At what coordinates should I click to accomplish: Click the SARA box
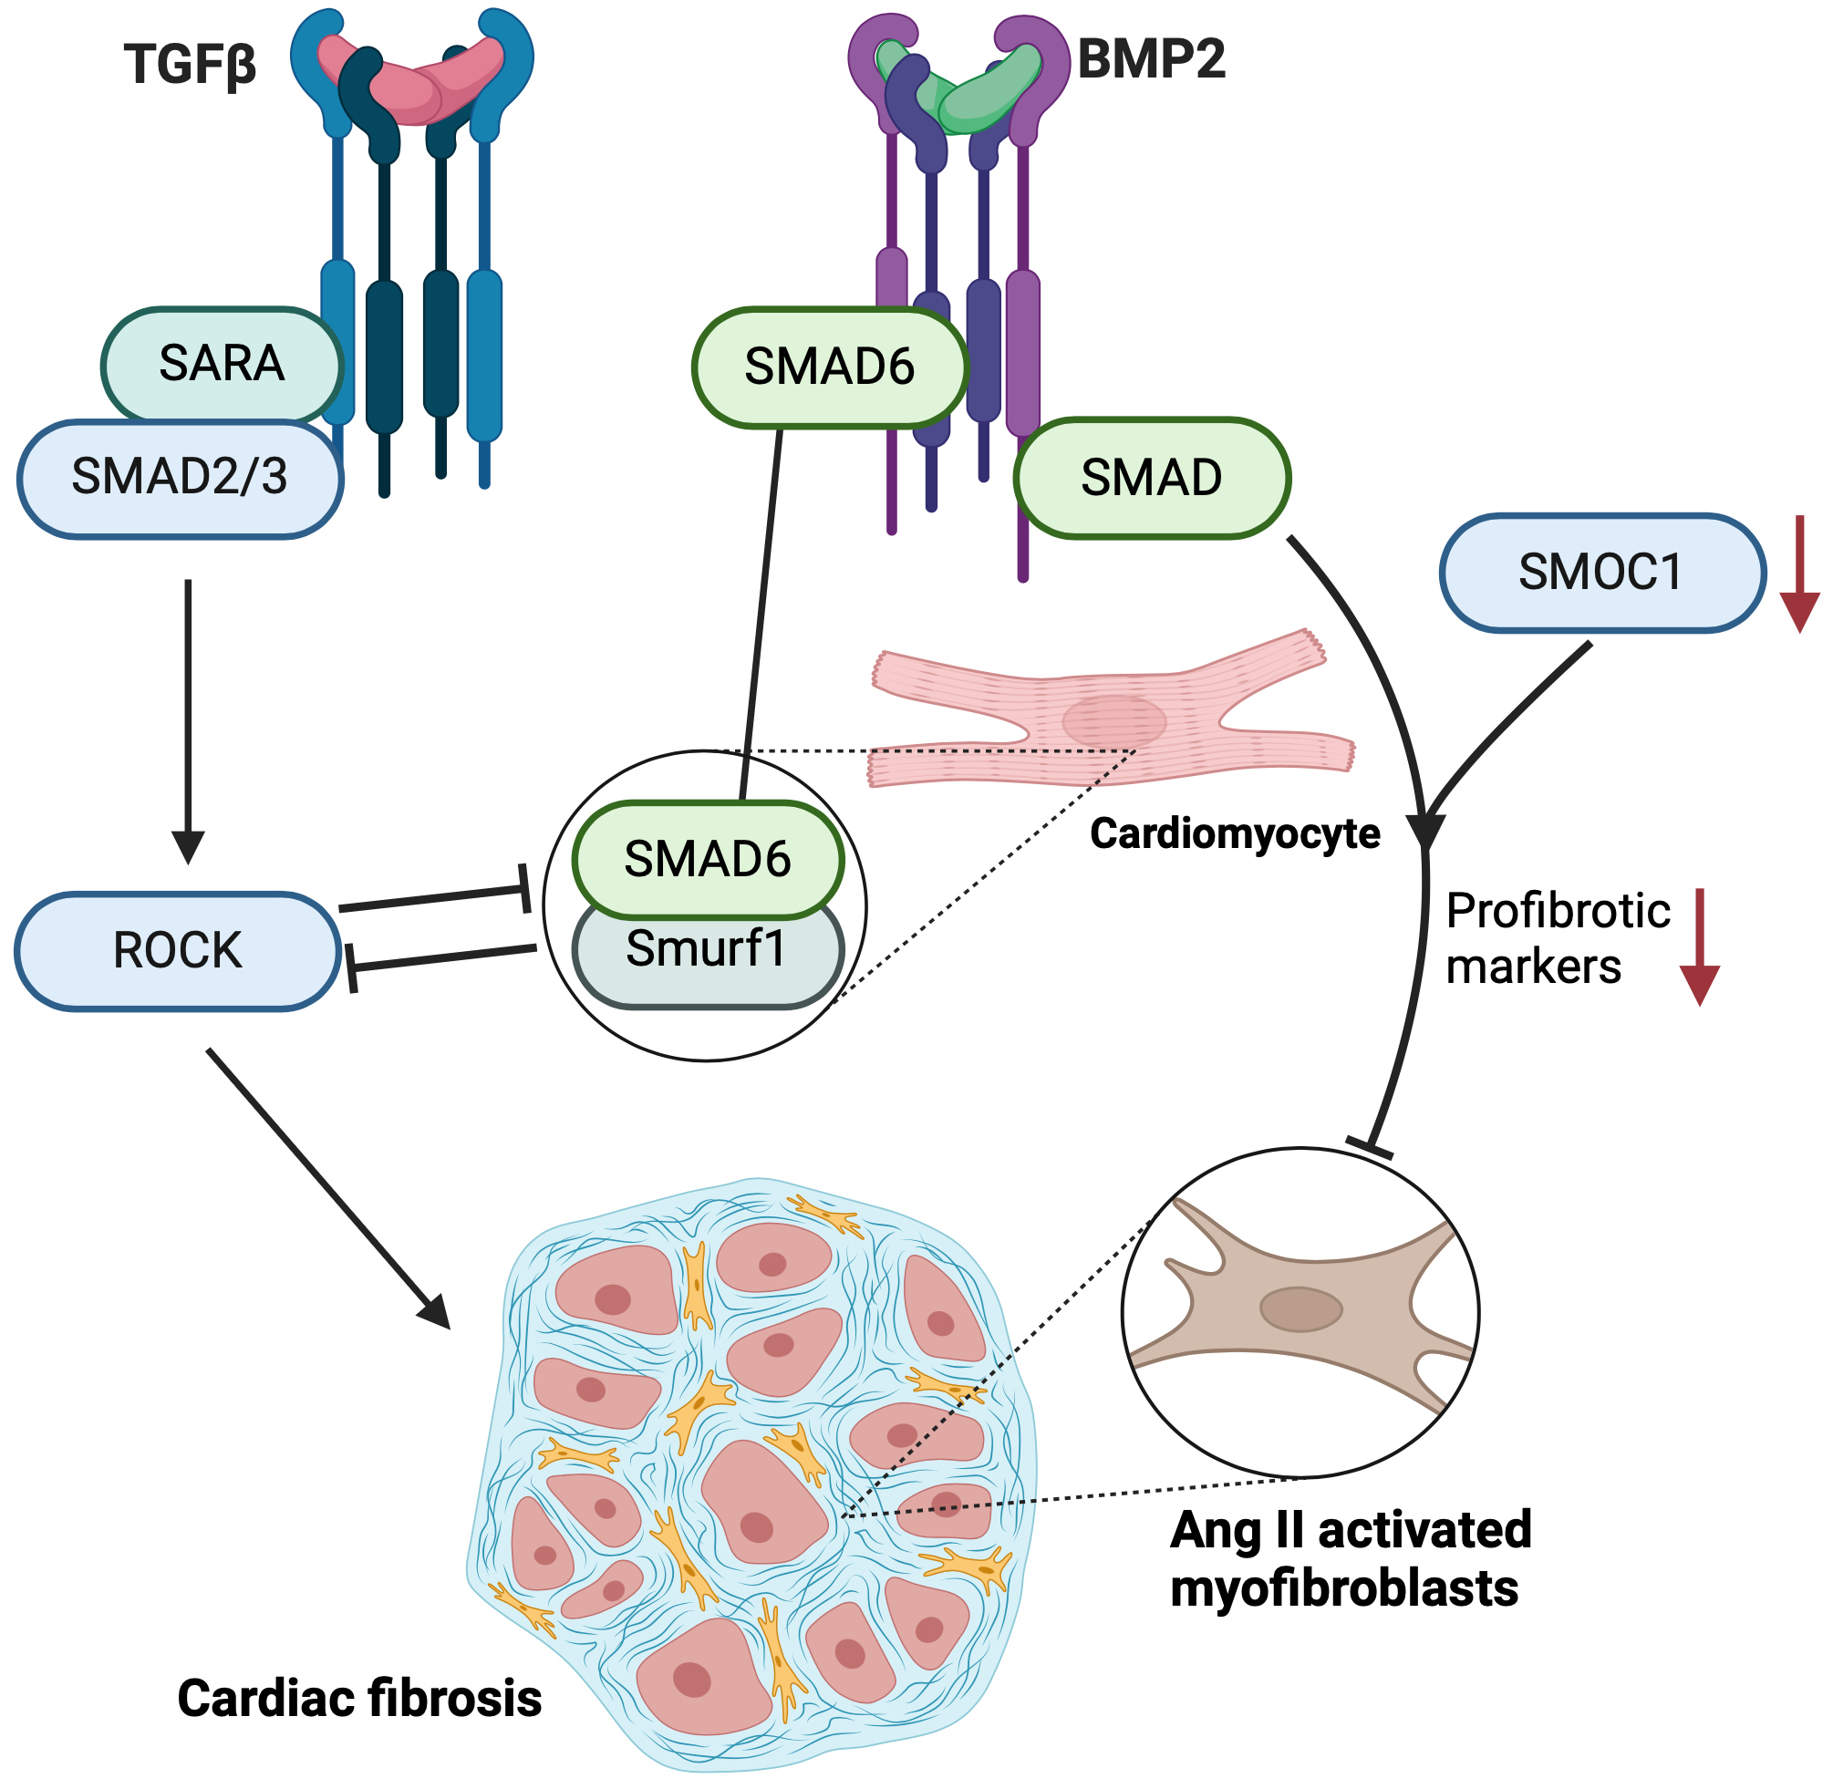222,364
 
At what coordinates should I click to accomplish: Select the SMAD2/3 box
180,477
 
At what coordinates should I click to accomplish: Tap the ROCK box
178,951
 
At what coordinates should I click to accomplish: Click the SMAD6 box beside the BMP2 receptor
829,367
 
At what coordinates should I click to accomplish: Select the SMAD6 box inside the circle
708,859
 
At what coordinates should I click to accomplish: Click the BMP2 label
1150,59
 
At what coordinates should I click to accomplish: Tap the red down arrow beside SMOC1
1799,574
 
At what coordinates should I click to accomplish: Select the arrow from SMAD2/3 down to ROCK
189,719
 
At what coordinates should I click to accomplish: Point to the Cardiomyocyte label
1234,834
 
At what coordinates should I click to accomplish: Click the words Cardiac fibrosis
359,1698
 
